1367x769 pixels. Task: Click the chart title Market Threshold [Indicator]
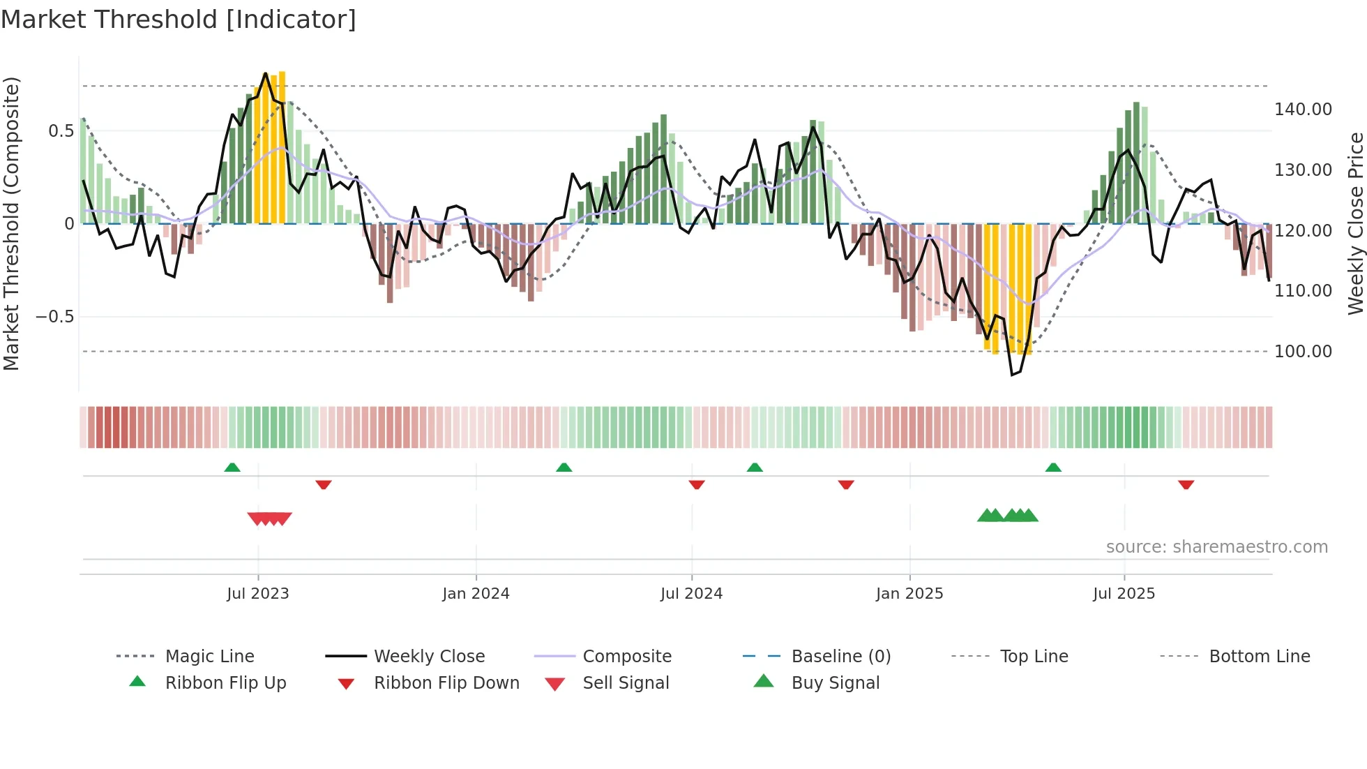click(179, 20)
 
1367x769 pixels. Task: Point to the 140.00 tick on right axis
click(1302, 110)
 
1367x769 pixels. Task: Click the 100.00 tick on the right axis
click(1302, 351)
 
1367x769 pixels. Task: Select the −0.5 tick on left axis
click(54, 317)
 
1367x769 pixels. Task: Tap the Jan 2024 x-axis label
click(476, 594)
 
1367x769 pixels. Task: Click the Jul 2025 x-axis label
click(1124, 594)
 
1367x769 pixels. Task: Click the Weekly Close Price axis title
click(1355, 223)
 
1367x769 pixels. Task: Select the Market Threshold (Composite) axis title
click(12, 223)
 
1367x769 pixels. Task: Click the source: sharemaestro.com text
click(1216, 547)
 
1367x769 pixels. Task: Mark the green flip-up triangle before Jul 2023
click(232, 468)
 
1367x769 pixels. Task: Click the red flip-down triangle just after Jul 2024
click(697, 484)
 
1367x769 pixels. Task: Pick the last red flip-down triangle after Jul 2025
click(1186, 484)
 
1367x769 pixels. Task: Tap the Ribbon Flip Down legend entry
click(446, 682)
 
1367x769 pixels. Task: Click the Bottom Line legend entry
click(1259, 656)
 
